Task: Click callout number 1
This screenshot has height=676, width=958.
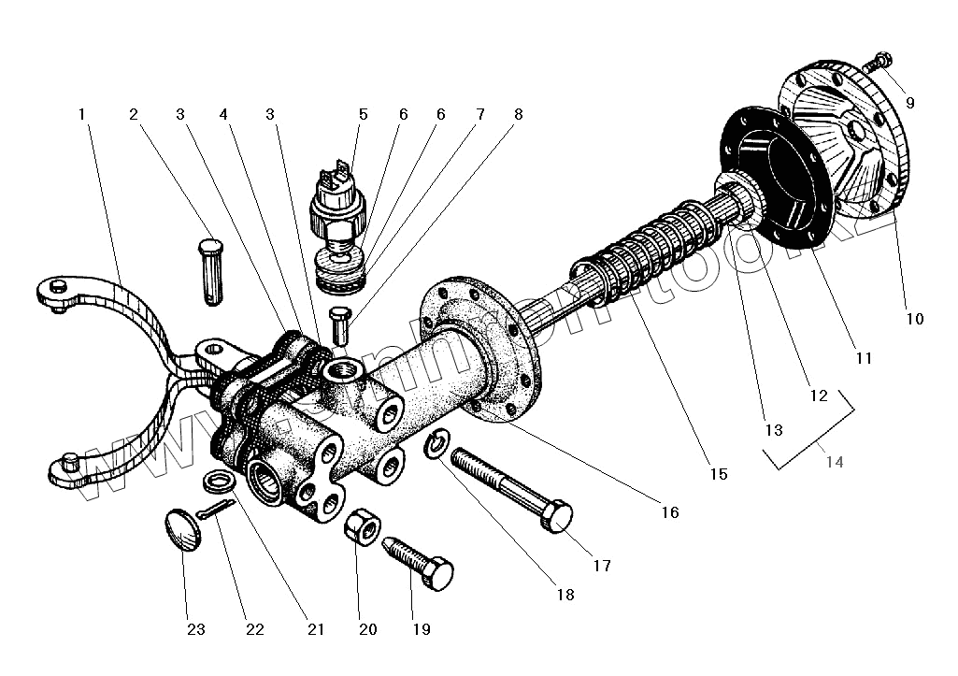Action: [82, 114]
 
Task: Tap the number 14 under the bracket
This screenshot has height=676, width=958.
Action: [834, 463]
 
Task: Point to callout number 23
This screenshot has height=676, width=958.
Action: [194, 629]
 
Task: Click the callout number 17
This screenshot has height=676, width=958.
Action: [601, 566]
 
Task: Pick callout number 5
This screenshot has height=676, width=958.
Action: [363, 114]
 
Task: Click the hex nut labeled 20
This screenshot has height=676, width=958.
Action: [362, 529]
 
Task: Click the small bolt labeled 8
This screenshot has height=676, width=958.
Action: [339, 324]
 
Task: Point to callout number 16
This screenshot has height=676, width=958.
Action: [670, 511]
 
